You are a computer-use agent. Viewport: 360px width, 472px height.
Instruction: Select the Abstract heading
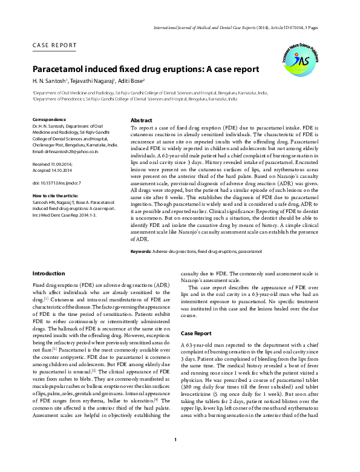pyautogui.click(x=141, y=120)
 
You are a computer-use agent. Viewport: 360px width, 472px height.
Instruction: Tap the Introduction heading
pyautogui.click(x=48, y=274)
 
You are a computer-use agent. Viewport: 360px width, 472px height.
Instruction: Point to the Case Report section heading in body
pyautogui.click(x=196, y=333)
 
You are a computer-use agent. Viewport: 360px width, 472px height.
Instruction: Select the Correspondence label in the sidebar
pyautogui.click(x=49, y=120)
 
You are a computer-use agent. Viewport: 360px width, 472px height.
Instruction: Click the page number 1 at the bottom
pyautogui.click(x=175, y=456)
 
